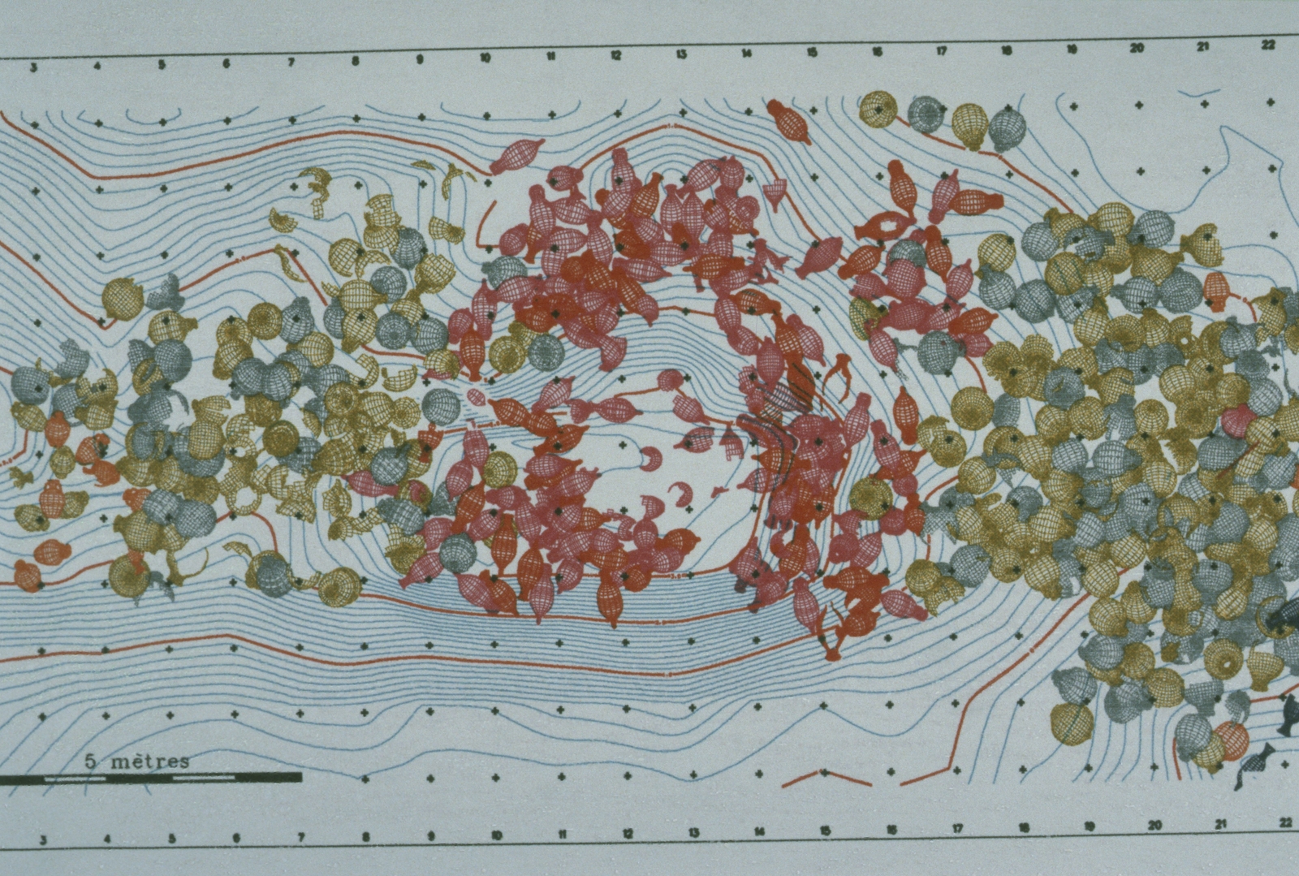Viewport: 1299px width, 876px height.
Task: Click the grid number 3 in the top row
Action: [33, 68]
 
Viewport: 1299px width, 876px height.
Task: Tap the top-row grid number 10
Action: [486, 58]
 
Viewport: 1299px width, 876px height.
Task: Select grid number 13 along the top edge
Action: [681, 54]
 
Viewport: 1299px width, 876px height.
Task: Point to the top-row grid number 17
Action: [942, 51]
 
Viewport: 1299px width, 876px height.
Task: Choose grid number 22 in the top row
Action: [1268, 45]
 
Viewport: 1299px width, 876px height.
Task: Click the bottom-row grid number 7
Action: [300, 836]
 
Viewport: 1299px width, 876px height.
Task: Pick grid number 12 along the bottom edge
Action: [627, 833]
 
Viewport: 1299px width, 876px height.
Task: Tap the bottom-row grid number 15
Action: [824, 831]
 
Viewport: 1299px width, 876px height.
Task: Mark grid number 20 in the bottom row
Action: [1154, 826]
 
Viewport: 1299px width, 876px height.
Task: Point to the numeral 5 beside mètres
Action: [91, 762]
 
